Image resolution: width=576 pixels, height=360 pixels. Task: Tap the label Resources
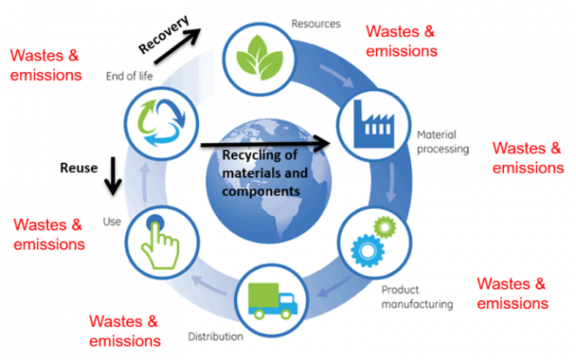pyautogui.click(x=316, y=24)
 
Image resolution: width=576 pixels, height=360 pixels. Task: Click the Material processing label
pyautogui.click(x=442, y=142)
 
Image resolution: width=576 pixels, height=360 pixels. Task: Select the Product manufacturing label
pyautogui.click(x=416, y=297)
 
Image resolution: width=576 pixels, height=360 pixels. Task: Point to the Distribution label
pyautogui.click(x=215, y=336)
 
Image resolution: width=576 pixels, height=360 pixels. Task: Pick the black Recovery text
pyautogui.click(x=163, y=34)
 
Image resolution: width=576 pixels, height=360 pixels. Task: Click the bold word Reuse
pyautogui.click(x=79, y=168)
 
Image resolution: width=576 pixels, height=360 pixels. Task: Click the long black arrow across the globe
pyautogui.click(x=265, y=142)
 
